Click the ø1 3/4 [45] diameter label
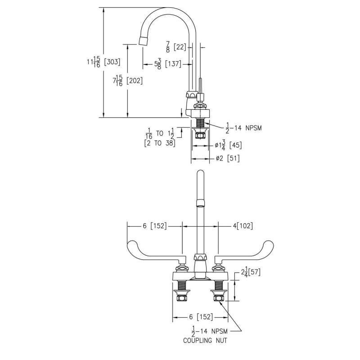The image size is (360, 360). click(228, 145)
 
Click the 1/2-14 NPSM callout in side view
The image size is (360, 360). click(243, 128)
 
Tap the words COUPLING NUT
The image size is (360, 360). click(205, 341)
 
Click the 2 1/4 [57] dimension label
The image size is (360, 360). click(250, 272)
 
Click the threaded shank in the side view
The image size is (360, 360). click(199, 122)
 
